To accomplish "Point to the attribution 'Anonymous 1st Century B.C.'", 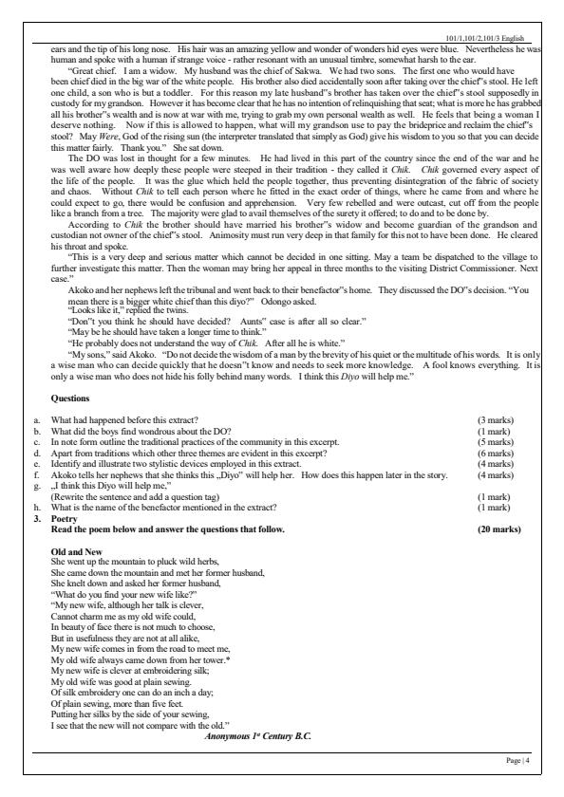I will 257,735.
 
